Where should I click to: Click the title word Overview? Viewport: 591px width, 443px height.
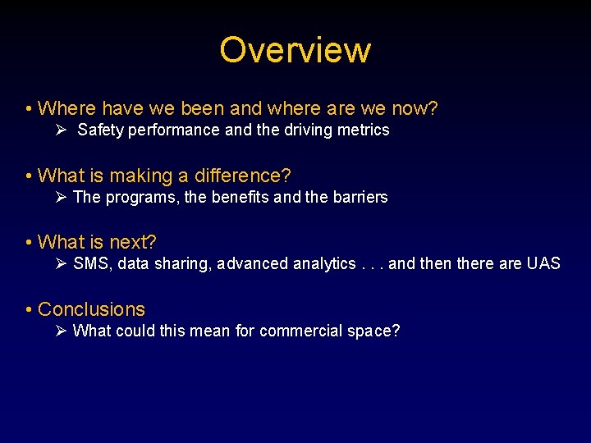[x=295, y=50]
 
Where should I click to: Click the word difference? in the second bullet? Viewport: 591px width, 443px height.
[x=243, y=176]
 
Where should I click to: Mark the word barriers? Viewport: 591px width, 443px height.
[x=357, y=197]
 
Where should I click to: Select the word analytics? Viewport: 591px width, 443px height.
[x=324, y=263]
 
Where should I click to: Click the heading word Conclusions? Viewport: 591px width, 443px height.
[x=91, y=309]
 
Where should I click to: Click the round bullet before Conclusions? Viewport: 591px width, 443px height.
[x=29, y=310]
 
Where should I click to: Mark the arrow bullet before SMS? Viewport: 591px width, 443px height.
[x=62, y=263]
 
